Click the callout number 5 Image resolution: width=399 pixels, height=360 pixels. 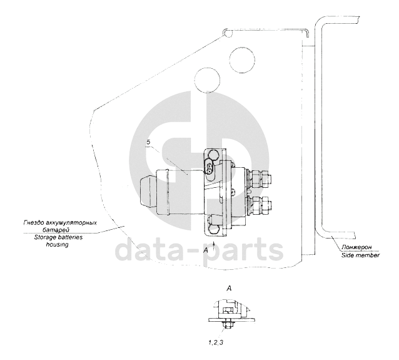pyautogui.click(x=148, y=142)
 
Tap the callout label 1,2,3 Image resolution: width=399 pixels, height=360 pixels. pyautogui.click(x=216, y=342)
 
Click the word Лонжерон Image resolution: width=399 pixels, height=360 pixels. pyautogui.click(x=356, y=247)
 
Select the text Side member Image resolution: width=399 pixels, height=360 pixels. pyautogui.click(x=360, y=255)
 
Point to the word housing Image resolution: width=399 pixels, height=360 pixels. pyautogui.click(x=58, y=245)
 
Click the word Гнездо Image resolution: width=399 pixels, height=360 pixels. pyautogui.click(x=32, y=223)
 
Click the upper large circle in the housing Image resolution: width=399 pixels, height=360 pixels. pyautogui.click(x=242, y=60)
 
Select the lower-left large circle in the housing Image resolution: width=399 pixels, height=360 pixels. pyautogui.click(x=207, y=80)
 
